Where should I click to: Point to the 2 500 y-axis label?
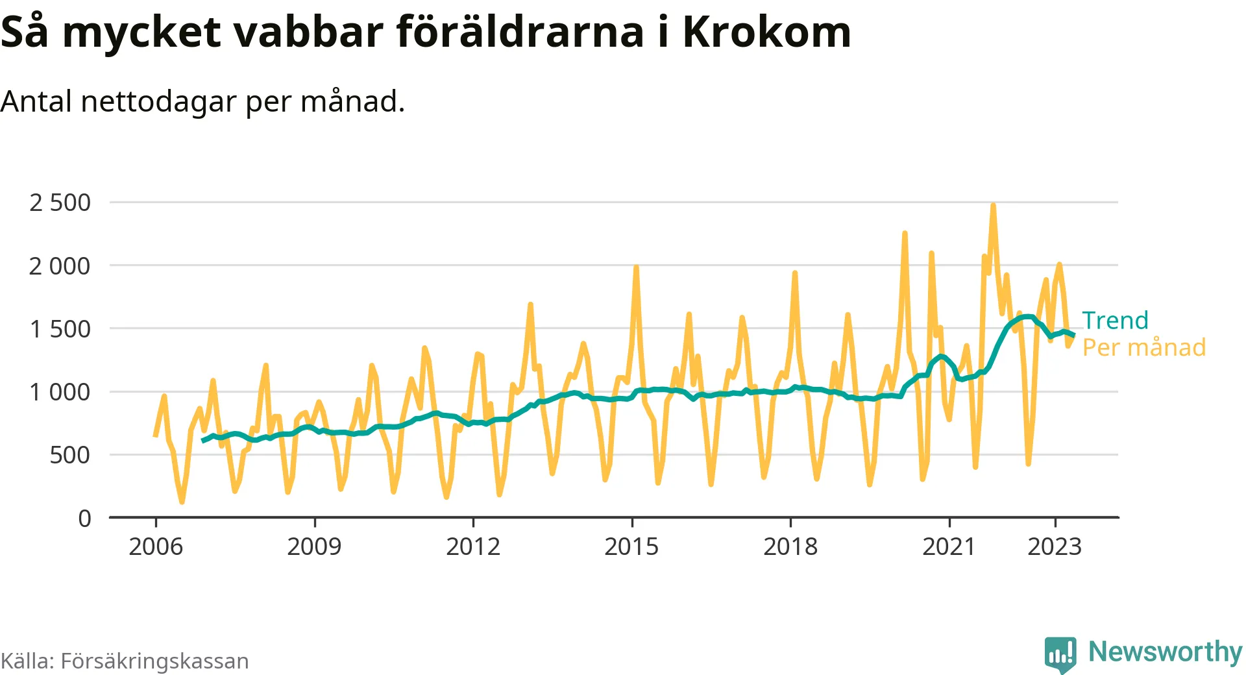point(60,202)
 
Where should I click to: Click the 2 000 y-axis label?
point(60,265)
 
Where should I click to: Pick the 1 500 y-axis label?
point(60,329)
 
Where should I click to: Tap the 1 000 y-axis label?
point(60,392)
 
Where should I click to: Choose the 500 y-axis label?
point(70,455)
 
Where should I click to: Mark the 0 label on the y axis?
point(84,518)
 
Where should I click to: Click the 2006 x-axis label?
point(156,546)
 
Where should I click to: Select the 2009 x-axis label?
point(314,546)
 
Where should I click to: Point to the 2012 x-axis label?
point(473,546)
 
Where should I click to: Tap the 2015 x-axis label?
point(631,546)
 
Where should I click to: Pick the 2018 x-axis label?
point(790,546)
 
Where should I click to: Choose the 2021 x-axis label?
point(949,546)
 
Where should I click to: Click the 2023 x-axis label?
point(1055,546)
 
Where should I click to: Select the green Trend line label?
point(1115,321)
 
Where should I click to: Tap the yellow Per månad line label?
point(1144,347)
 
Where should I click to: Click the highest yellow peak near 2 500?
point(993,206)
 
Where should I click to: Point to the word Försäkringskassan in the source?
point(154,661)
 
